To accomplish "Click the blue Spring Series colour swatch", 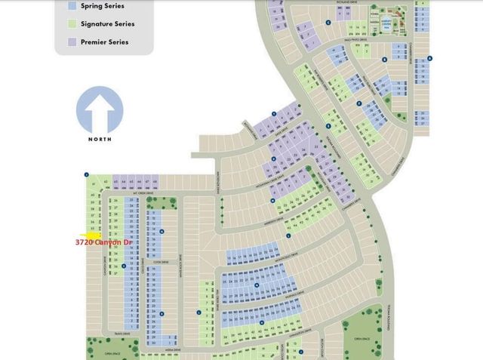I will [72, 5].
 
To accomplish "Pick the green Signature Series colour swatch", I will [72, 23].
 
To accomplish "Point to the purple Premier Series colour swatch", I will [72, 42].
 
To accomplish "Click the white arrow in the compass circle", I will [100, 111].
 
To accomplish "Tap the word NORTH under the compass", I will [100, 139].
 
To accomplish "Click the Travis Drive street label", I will [113, 333].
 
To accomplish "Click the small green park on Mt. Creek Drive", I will [171, 200].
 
